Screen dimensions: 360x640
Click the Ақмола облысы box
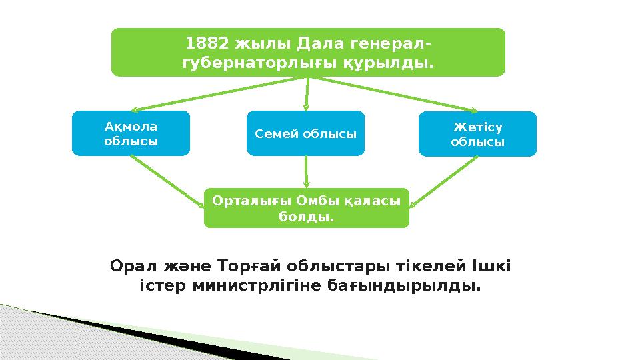pyautogui.click(x=131, y=133)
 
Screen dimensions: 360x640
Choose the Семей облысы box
pyautogui.click(x=306, y=133)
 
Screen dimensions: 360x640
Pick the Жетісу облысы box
pyautogui.click(x=477, y=133)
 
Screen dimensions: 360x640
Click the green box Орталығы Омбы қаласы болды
pyautogui.click(x=306, y=208)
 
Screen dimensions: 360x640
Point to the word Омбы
pyautogui.click(x=314, y=200)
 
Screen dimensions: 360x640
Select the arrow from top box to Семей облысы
pyautogui.click(x=307, y=93)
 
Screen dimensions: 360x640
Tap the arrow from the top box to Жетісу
pyautogui.click(x=393, y=93)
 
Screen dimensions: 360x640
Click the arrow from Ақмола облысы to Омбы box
pyautogui.click(x=167, y=181)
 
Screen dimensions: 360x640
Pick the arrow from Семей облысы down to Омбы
pyautogui.click(x=306, y=172)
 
